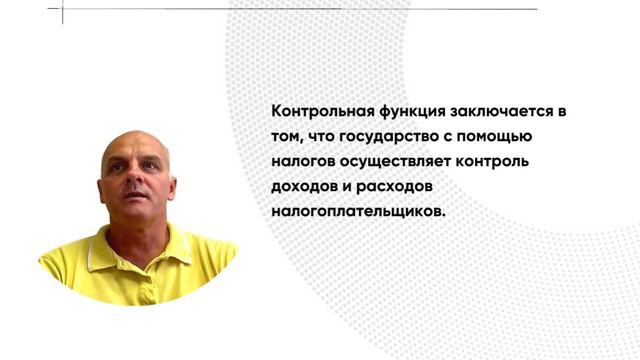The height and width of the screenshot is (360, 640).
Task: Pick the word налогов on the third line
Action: point(300,161)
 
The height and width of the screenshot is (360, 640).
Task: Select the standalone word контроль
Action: point(492,161)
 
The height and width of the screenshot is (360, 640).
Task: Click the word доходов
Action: point(303,187)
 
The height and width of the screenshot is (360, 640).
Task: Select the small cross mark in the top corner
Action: point(61,11)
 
